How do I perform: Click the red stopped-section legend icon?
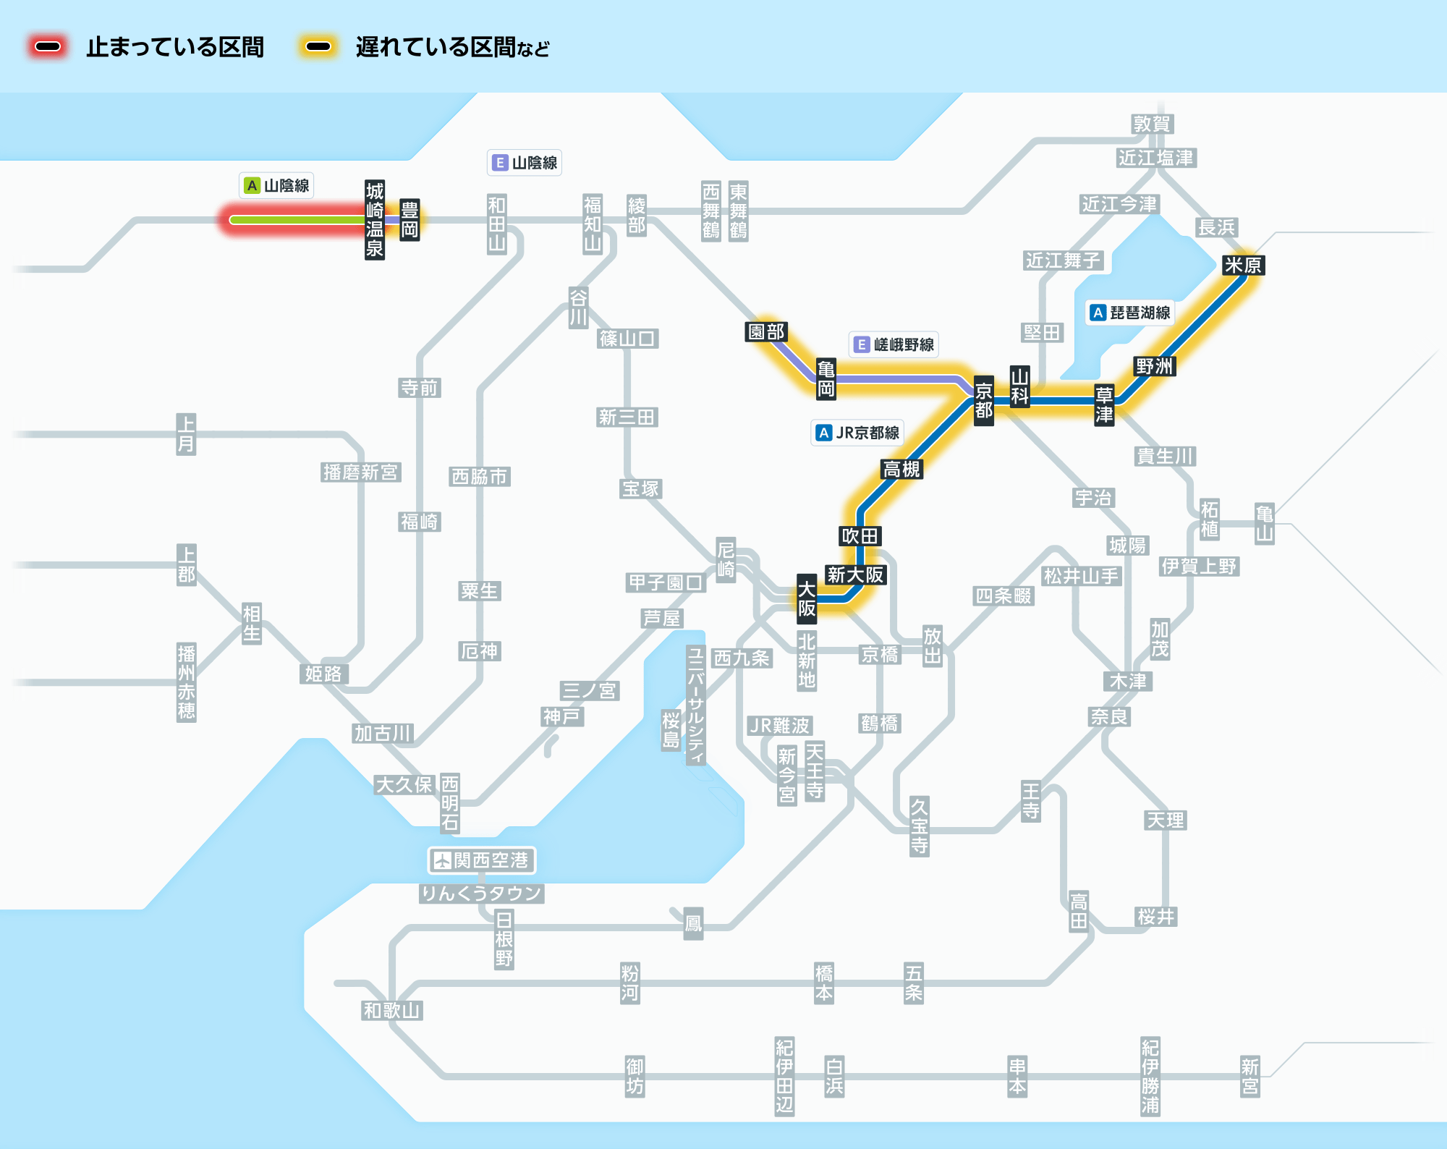pos(48,47)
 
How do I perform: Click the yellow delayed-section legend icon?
pos(318,47)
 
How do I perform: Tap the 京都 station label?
pos(984,401)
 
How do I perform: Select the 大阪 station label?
pos(807,598)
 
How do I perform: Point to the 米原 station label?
pos(1243,266)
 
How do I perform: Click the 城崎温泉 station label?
pos(375,220)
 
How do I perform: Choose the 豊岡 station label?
pos(410,220)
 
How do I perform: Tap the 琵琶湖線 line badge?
pos(1130,313)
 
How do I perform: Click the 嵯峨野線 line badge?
pos(894,344)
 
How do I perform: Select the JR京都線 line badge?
pos(857,433)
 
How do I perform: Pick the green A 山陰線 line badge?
pos(276,185)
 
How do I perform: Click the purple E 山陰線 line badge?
pos(525,163)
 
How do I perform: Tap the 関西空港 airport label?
pos(482,860)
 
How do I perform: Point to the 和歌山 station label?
pos(391,1011)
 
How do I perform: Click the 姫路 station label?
pos(323,674)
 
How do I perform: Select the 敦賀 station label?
pos(1153,124)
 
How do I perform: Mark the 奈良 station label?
pos(1110,717)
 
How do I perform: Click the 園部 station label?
pos(766,332)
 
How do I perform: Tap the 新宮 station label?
pos(1250,1077)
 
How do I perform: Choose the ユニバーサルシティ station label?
pos(695,705)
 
